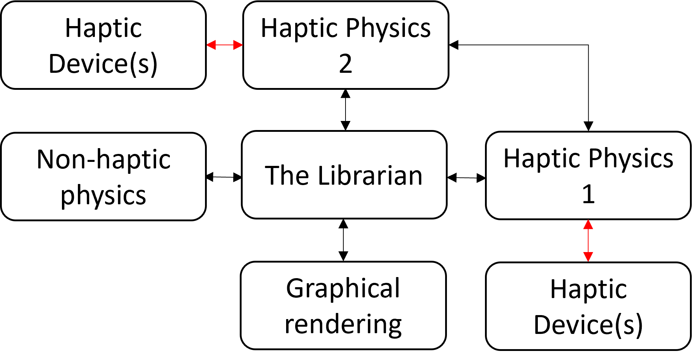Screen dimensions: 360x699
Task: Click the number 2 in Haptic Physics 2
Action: click(346, 64)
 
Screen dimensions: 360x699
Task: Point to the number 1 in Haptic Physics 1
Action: click(588, 194)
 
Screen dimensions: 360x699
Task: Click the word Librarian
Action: click(370, 176)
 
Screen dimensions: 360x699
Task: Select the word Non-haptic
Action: click(104, 159)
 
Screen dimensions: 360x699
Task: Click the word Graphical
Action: click(343, 289)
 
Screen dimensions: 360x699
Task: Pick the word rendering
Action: click(343, 324)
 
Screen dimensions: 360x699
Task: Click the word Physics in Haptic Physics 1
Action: click(631, 159)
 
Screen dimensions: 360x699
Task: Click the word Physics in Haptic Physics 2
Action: click(388, 28)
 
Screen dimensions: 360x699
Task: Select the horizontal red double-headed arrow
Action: click(225, 45)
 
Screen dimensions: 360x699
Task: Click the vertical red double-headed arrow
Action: click(588, 240)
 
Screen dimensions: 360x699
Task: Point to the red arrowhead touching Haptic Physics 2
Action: click(238, 45)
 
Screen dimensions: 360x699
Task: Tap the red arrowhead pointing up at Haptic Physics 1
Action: click(588, 225)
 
